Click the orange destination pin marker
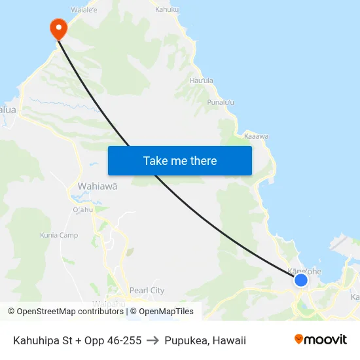pyautogui.click(x=58, y=28)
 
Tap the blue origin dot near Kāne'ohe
pyautogui.click(x=300, y=280)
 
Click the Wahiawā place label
pyautogui.click(x=98, y=186)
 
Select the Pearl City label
pyautogui.click(x=147, y=291)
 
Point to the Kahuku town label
pyautogui.click(x=167, y=9)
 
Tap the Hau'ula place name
pyautogui.click(x=202, y=81)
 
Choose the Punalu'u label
pyautogui.click(x=221, y=102)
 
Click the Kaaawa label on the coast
pyautogui.click(x=256, y=136)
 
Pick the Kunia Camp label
pyautogui.click(x=59, y=235)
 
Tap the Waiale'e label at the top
pyautogui.click(x=84, y=10)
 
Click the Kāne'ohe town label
pyautogui.click(x=304, y=270)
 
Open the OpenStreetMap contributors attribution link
pyautogui.click(x=67, y=312)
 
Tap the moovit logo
pyautogui.click(x=321, y=340)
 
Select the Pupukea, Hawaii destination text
pyautogui.click(x=206, y=340)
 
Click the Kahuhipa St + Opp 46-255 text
pyautogui.click(x=77, y=340)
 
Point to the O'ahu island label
pyautogui.click(x=82, y=209)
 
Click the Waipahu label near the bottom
pyautogui.click(x=108, y=304)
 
